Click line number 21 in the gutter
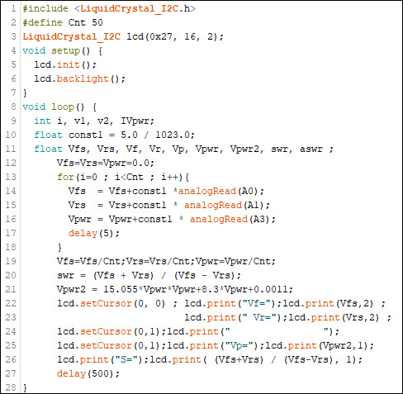[11, 289]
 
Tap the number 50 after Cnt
[97, 22]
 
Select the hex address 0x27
[160, 36]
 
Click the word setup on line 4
[65, 51]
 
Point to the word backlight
[83, 79]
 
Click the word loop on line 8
[63, 107]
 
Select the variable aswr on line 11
[311, 149]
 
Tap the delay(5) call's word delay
[83, 233]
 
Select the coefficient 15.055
[121, 289]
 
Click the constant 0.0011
[270, 289]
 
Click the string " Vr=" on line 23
[259, 317]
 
